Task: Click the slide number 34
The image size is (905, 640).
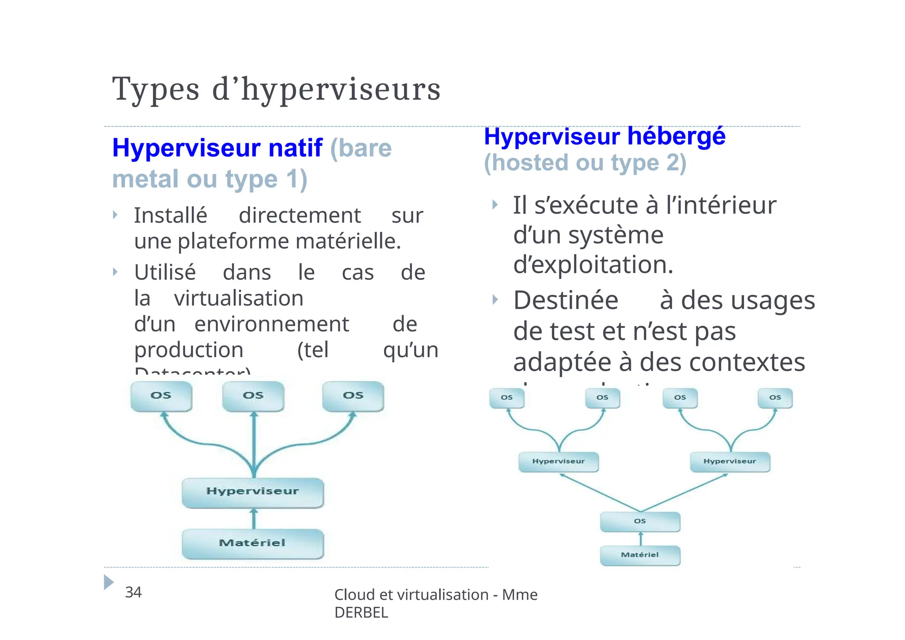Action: [133, 592]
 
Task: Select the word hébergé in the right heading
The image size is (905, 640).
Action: [676, 136]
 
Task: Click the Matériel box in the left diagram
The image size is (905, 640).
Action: [253, 543]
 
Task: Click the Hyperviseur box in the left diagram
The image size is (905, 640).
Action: [253, 492]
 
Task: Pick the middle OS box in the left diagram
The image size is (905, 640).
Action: [253, 396]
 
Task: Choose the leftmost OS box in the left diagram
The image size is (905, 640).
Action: [161, 396]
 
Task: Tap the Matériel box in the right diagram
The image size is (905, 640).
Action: [640, 555]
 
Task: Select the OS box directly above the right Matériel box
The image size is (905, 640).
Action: [640, 522]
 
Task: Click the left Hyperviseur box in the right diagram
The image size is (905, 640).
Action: [559, 461]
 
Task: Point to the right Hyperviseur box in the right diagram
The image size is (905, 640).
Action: [730, 461]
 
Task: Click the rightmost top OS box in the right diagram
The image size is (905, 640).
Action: [775, 398]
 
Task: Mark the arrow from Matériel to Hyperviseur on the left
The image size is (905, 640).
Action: [254, 518]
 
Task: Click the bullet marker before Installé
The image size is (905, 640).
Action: [115, 215]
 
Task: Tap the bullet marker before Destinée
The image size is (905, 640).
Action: [495, 300]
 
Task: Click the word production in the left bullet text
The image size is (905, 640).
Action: [189, 350]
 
